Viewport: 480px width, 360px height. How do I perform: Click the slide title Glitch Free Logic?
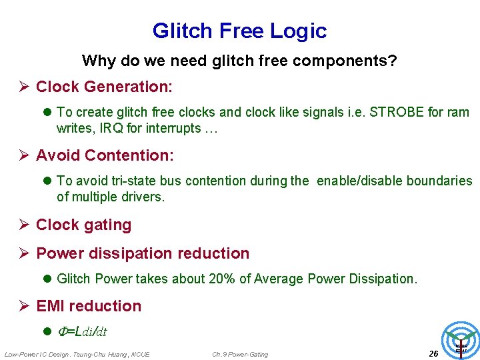pos(239,31)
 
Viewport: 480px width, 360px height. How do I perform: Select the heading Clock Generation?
pos(104,87)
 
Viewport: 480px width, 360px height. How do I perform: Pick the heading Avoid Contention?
pos(105,155)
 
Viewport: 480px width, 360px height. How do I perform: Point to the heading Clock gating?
pos(83,225)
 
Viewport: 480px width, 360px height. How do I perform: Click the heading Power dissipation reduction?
pos(143,253)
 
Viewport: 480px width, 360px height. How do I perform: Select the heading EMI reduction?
pos(89,306)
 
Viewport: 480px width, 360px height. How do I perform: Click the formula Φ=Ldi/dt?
pos(83,331)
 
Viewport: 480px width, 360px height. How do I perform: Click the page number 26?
pos(433,353)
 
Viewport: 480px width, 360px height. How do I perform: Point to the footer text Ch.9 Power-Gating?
pos(240,354)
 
